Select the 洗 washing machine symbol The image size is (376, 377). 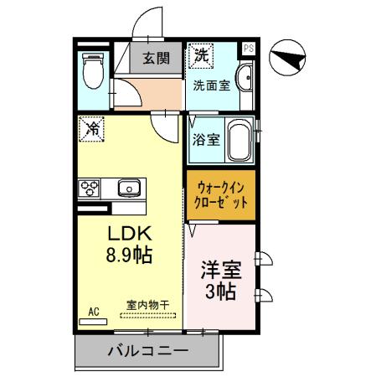(x=200, y=55)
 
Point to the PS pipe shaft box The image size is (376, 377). (x=248, y=49)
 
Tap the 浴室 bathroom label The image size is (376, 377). (x=207, y=140)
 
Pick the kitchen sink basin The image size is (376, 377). (x=129, y=188)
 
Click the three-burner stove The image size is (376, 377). (x=90, y=188)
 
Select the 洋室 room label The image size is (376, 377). (x=221, y=271)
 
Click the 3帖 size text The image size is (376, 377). (x=221, y=293)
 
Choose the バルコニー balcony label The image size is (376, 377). (x=147, y=351)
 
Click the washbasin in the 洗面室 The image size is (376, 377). (x=245, y=80)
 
